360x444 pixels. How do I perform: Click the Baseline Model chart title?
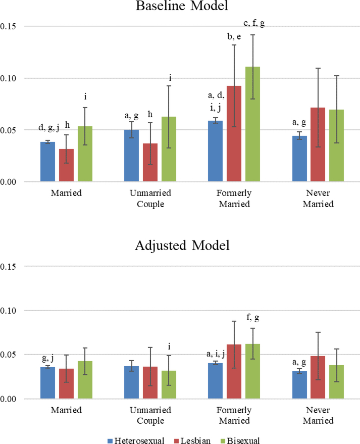pos(180,7)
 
